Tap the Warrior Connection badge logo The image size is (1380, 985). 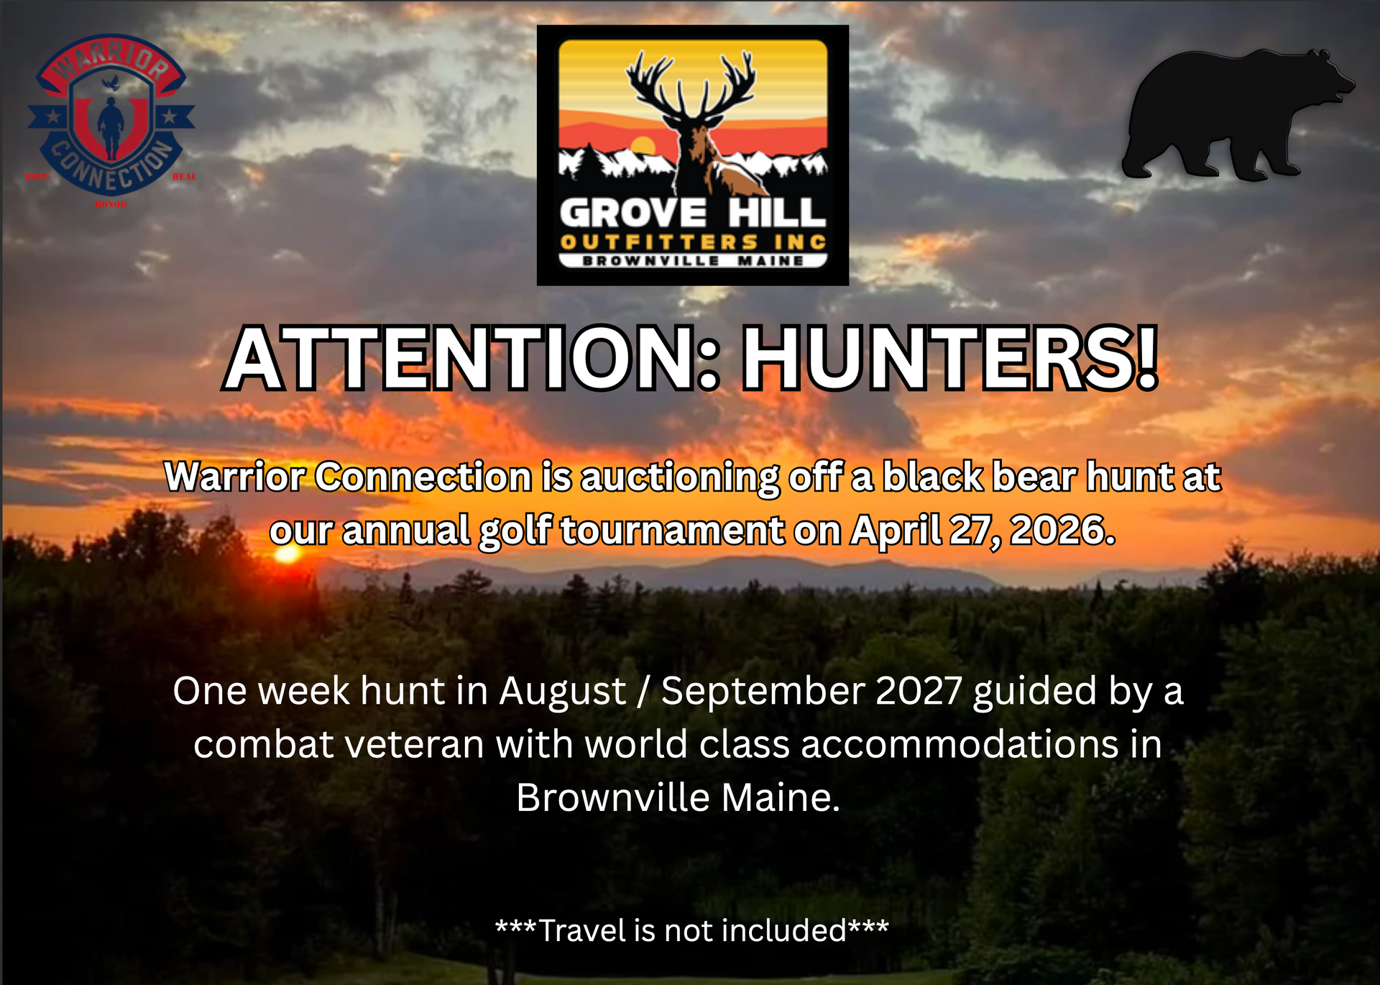point(111,115)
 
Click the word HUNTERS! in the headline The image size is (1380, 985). point(949,358)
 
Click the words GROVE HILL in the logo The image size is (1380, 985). point(692,214)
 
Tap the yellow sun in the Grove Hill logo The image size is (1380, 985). point(642,146)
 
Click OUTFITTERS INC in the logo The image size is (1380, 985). point(692,242)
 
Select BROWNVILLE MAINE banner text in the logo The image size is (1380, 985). point(692,260)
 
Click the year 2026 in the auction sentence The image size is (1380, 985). point(1062,531)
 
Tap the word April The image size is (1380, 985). point(895,531)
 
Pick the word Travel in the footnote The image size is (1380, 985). point(583,931)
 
